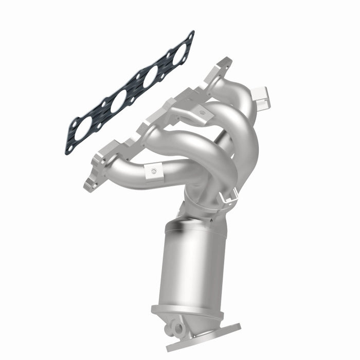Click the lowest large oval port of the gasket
[x=85, y=125]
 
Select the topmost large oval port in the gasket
[x=179, y=54]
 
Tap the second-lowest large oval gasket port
[x=117, y=101]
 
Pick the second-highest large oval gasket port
[x=150, y=77]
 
